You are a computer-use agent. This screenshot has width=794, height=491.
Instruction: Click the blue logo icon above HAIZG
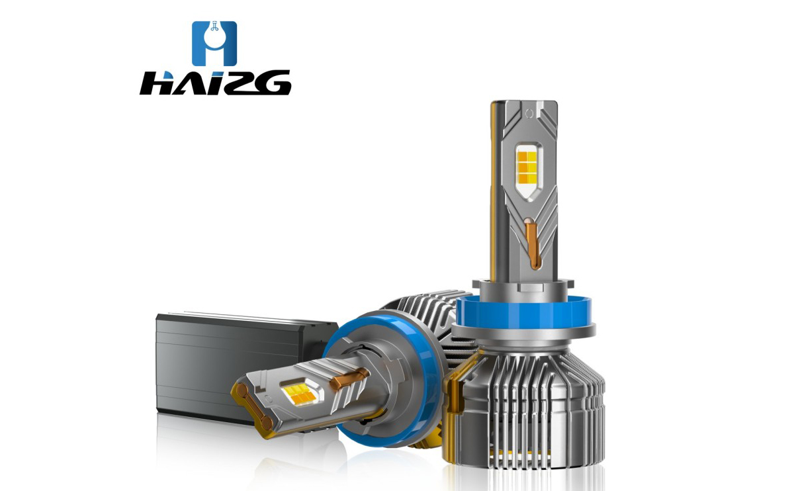point(214,43)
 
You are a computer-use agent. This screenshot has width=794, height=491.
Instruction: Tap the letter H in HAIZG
point(156,83)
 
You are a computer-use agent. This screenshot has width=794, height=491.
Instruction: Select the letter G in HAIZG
point(271,83)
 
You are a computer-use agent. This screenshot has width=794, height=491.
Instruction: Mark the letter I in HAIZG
point(210,83)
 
